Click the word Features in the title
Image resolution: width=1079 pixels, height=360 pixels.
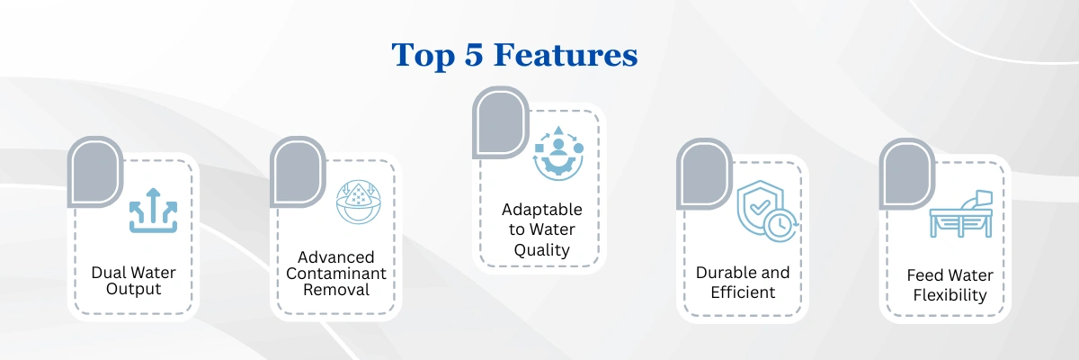[x=566, y=55]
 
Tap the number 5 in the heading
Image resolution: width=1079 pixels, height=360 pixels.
[x=474, y=55]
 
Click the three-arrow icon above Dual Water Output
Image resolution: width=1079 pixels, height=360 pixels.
[x=153, y=211]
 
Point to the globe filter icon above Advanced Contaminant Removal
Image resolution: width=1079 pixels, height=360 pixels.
[x=359, y=202]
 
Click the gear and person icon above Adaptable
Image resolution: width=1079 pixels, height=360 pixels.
[x=558, y=153]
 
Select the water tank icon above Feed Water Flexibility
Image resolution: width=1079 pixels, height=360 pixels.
[x=961, y=214]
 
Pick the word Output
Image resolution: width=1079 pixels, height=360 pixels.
[x=133, y=289]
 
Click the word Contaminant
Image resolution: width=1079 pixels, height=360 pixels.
[x=335, y=274]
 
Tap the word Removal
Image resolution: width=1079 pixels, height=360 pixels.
[x=336, y=290]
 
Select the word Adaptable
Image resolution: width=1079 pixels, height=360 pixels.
[x=542, y=210]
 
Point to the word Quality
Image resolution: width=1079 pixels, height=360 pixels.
[x=542, y=250]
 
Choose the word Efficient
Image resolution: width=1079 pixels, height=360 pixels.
[x=743, y=292]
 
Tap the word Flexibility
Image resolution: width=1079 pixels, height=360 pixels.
[x=950, y=295]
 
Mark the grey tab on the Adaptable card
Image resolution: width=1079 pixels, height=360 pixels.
[x=500, y=122]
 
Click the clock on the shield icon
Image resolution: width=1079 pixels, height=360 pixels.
[x=780, y=225]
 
